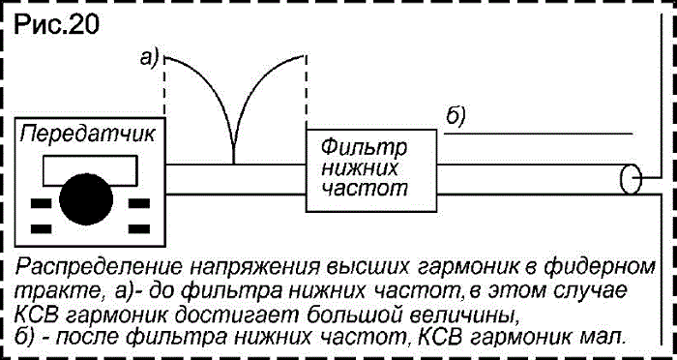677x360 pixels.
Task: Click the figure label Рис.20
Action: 56,25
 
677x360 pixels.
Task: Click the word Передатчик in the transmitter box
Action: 87,134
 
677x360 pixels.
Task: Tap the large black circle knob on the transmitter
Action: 86,199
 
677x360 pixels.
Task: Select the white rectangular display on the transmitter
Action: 90,170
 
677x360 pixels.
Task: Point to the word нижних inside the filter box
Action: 360,168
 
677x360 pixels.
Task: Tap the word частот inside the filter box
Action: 365,189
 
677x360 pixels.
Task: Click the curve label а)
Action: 150,58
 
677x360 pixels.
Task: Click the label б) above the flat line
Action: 456,116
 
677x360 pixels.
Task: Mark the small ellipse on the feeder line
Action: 631,179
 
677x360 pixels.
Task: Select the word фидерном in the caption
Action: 604,268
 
